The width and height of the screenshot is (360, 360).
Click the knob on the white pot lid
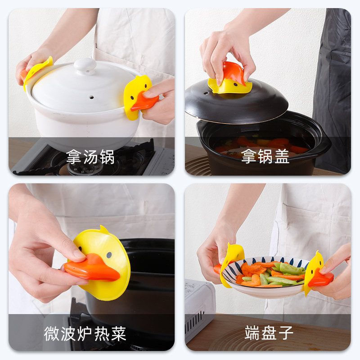(x=85, y=66)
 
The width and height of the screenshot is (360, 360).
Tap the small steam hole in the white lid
(x=92, y=97)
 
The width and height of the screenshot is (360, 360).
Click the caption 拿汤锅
(x=90, y=157)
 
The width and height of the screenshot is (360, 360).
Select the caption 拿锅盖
(x=265, y=157)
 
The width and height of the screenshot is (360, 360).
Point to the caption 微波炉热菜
(x=85, y=333)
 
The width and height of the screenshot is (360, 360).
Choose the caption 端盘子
(x=269, y=333)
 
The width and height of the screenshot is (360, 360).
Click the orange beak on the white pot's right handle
(x=143, y=101)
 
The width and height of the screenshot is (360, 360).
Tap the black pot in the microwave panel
(x=144, y=279)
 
